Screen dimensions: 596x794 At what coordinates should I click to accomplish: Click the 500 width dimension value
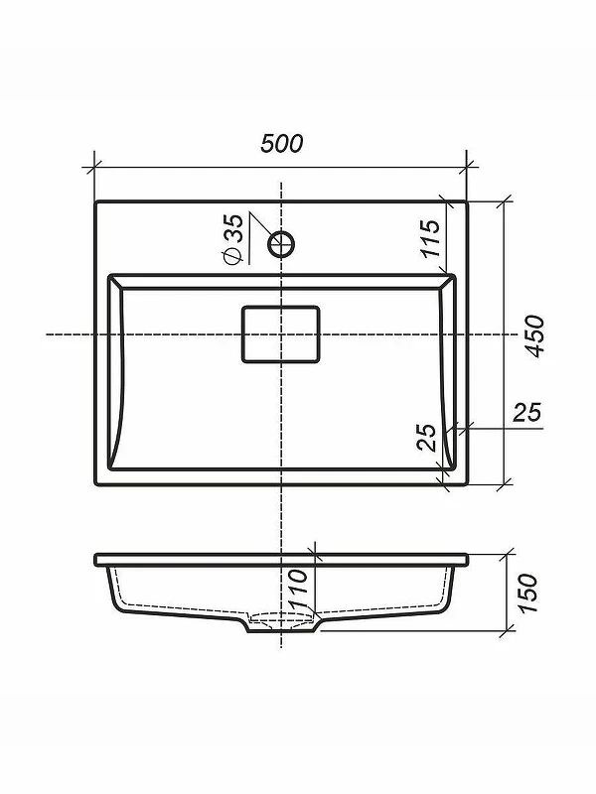point(282,143)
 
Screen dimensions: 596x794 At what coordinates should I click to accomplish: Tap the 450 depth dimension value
point(533,336)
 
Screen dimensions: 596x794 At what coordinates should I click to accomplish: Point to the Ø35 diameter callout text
point(233,239)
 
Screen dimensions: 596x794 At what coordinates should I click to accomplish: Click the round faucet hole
point(281,244)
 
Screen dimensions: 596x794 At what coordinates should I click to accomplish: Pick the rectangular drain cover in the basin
point(281,334)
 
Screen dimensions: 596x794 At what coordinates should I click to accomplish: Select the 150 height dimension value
point(527,593)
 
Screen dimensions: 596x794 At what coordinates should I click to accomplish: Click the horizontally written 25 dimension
point(527,412)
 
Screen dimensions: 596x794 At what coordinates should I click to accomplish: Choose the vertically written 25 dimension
point(426,438)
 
